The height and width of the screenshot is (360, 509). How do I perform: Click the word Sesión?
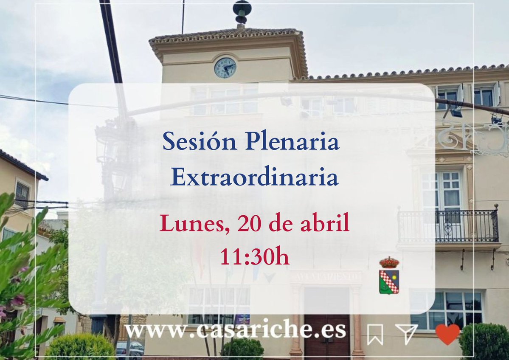pos(200,143)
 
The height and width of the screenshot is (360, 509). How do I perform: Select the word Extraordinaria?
pos(254,178)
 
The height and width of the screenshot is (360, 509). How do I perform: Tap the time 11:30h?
pos(255,256)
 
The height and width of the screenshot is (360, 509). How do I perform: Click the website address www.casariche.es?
pos(235,330)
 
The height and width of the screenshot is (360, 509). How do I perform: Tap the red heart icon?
pos(447,334)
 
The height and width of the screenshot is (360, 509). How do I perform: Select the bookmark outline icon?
pos(375,335)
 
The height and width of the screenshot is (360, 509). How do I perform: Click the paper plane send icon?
pos(406,334)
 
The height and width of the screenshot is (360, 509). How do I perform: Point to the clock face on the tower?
pos(225,67)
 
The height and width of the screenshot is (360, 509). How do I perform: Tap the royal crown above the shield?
pos(389,262)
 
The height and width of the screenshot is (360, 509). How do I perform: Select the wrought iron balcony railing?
pos(448,226)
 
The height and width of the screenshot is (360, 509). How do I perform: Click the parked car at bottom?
pos(130,349)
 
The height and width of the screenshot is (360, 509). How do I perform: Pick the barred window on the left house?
pos(22,194)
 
